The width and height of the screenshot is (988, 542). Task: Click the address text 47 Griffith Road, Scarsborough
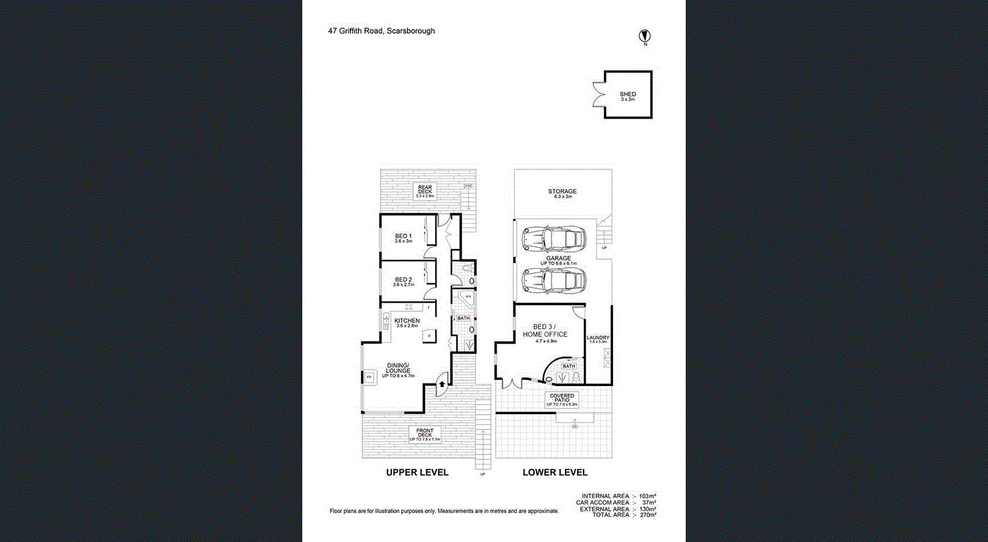(381, 31)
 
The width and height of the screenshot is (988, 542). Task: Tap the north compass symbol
(644, 36)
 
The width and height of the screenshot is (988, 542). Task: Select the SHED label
(627, 94)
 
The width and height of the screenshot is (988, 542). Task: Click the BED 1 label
(403, 235)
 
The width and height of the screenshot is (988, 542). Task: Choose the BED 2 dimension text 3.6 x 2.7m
(403, 285)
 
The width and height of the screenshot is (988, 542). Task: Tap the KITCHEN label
(407, 321)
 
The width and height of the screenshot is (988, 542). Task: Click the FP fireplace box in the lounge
(369, 378)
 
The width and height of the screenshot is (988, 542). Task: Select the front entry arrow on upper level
(442, 384)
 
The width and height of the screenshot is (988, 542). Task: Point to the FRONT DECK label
(424, 431)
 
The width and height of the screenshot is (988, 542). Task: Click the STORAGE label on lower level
(562, 191)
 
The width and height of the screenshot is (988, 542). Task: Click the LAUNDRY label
(597, 337)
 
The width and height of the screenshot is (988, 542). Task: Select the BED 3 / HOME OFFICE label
(546, 330)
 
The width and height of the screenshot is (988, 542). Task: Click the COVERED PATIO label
(562, 397)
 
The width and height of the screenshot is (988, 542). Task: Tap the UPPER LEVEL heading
(417, 472)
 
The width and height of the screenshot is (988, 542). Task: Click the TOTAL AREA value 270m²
(647, 515)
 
